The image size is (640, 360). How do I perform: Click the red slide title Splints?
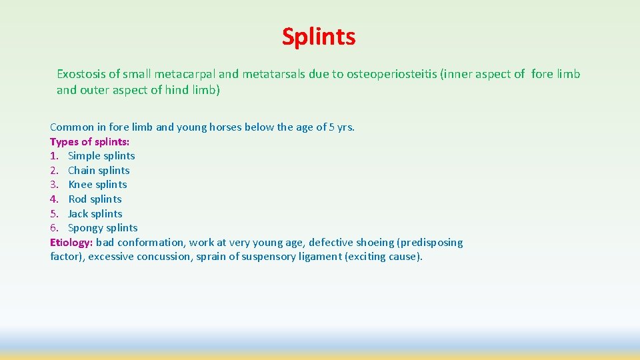319,37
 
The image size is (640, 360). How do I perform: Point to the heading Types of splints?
90,141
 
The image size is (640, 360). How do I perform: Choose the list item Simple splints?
101,156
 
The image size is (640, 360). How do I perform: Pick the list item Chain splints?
99,171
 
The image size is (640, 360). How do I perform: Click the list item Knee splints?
97,185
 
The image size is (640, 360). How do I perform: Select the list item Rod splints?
95,199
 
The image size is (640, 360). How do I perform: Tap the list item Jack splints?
95,214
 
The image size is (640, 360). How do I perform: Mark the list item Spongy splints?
103,228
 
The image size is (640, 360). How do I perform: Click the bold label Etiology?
71,243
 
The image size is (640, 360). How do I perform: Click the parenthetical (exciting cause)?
383,257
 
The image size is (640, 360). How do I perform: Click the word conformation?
152,243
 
